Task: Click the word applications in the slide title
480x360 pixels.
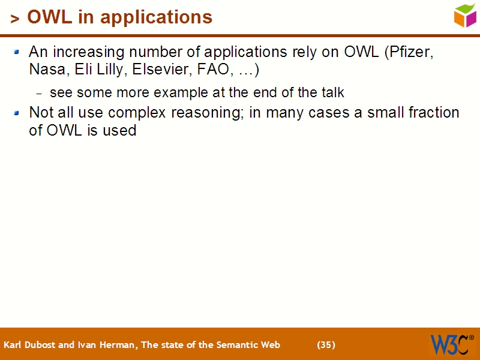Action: (157, 17)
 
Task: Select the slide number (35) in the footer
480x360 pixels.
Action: (326, 344)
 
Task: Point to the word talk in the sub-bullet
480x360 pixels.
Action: (332, 93)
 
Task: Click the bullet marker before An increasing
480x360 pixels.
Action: (17, 52)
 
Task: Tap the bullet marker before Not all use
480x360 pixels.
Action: (17, 113)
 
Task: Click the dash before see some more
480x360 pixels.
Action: (40, 94)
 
